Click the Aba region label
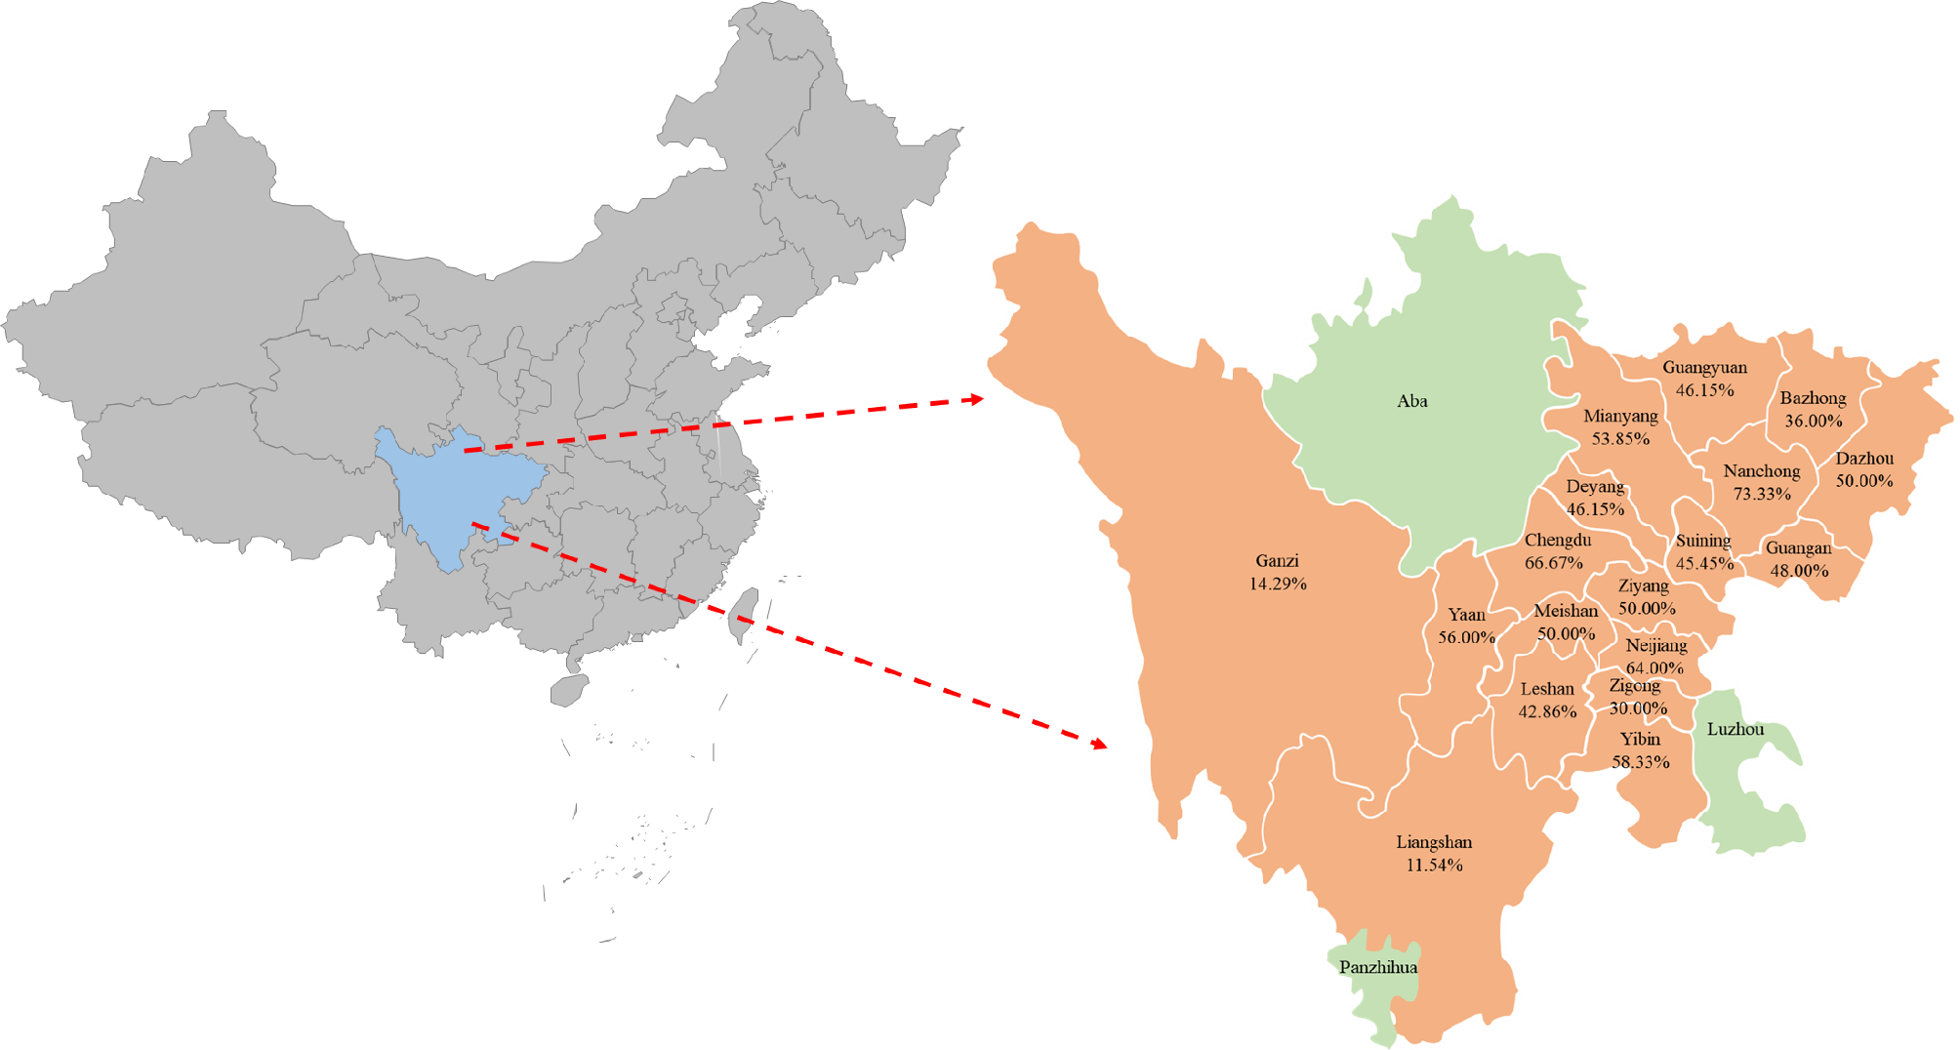(x=1411, y=401)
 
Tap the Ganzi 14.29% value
(x=1278, y=585)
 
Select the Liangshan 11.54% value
(x=1434, y=866)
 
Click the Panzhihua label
(x=1378, y=967)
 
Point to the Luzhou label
(x=1735, y=729)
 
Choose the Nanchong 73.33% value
(x=1762, y=495)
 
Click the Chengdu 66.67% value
(x=1554, y=563)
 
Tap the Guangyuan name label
(x=1704, y=368)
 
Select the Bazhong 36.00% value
(x=1814, y=422)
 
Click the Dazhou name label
(x=1864, y=459)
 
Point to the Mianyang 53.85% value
(x=1620, y=439)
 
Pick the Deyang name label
(x=1595, y=487)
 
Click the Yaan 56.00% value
(x=1466, y=637)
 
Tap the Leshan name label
(x=1547, y=689)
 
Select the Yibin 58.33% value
(x=1641, y=762)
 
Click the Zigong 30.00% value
(x=1638, y=708)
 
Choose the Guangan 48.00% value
(x=1799, y=571)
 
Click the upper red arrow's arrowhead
(x=975, y=399)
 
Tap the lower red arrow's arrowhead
(x=1100, y=745)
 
